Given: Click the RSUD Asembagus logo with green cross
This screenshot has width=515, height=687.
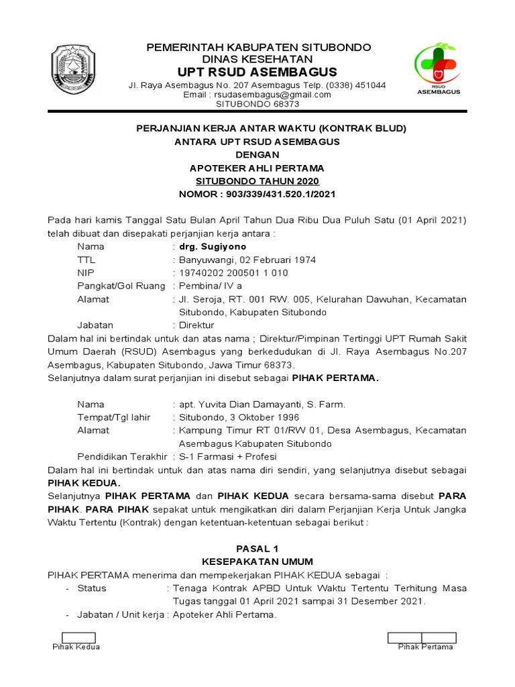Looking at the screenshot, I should pyautogui.click(x=439, y=68).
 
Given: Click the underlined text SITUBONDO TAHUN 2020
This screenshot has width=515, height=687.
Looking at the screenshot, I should pyautogui.click(x=257, y=181).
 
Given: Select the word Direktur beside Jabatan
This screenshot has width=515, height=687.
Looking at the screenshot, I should pyautogui.click(x=198, y=325).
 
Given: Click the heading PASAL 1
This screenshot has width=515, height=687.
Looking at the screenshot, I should pyautogui.click(x=257, y=548).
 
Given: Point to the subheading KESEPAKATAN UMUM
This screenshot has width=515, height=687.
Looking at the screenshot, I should pyautogui.click(x=257, y=562).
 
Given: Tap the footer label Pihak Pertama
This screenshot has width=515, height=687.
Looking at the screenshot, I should pyautogui.click(x=425, y=647).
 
